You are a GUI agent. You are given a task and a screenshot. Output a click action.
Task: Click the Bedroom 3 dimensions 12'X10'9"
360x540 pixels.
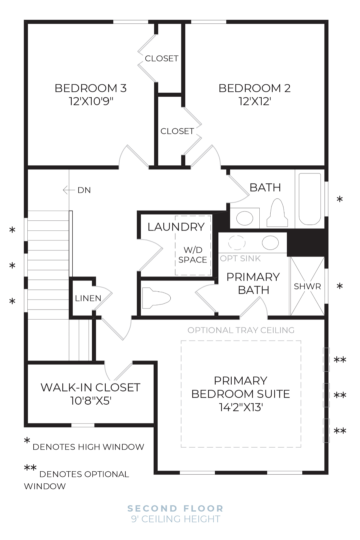[x=91, y=101]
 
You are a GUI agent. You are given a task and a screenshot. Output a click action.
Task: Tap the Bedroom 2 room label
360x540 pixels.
[x=254, y=88]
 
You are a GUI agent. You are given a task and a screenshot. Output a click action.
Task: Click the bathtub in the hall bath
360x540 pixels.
[x=310, y=199]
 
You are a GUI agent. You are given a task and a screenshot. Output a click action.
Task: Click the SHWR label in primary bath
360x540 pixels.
[x=307, y=287]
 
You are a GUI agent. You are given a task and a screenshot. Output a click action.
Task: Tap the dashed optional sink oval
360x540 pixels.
[x=237, y=242]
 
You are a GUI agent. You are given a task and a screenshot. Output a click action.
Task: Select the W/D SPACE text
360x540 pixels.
[x=193, y=255]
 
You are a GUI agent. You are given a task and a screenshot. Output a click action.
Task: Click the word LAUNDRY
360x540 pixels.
[x=176, y=227]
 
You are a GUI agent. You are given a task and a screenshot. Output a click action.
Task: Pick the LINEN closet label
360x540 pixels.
[x=88, y=298]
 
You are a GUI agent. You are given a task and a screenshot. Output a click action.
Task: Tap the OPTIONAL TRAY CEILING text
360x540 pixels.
[x=241, y=330]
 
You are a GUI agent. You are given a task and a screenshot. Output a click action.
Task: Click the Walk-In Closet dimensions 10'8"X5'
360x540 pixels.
[x=91, y=401]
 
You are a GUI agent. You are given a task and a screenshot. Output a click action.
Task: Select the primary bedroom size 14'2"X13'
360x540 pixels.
[x=241, y=407]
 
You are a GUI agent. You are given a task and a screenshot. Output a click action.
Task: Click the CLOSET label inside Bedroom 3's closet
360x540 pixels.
[x=161, y=59]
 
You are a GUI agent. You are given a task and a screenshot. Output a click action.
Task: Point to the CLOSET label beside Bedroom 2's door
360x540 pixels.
[x=177, y=131]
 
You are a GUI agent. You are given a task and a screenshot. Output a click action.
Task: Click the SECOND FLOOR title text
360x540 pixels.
[x=175, y=508]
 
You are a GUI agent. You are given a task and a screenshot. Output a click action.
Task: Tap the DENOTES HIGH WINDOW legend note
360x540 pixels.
[x=88, y=447]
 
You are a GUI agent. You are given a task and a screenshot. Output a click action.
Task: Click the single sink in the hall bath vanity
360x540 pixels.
[x=245, y=218]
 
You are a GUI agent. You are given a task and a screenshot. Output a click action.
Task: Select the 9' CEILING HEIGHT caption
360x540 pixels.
[x=175, y=519]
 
